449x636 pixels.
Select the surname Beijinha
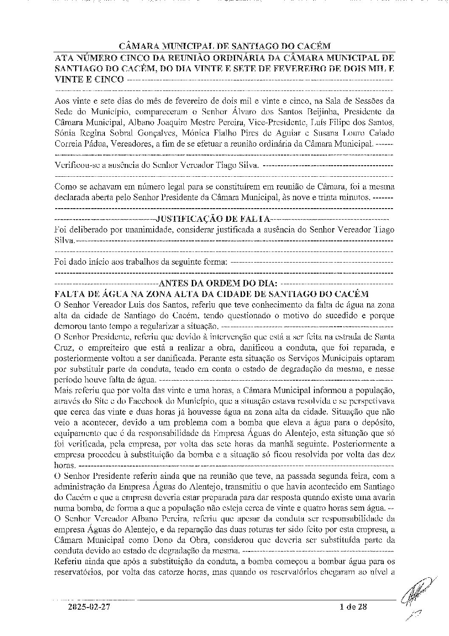(x=313, y=112)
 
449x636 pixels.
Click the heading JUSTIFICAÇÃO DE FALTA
(x=213, y=219)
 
